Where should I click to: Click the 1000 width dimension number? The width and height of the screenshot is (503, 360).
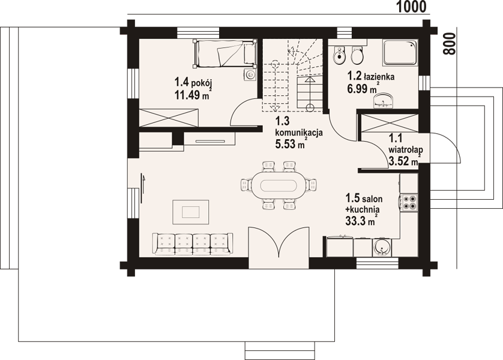click(412, 7)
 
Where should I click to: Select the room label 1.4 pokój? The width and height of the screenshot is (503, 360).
click(193, 82)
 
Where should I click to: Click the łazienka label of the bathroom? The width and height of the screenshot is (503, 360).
click(379, 76)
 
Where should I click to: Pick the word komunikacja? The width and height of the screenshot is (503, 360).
click(299, 133)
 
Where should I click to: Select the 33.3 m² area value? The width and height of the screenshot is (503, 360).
click(361, 220)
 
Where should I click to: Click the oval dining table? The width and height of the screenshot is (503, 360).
click(279, 185)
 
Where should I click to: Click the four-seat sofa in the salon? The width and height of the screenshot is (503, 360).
click(193, 244)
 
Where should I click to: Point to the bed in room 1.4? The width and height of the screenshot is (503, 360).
click(224, 53)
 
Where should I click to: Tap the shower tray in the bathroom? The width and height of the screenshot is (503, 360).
click(400, 52)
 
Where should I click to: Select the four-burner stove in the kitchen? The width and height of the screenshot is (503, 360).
click(409, 203)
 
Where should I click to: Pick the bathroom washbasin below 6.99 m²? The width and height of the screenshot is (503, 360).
click(383, 101)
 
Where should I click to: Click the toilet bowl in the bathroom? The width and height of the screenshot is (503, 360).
click(357, 55)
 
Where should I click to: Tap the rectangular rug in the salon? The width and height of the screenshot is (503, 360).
click(190, 212)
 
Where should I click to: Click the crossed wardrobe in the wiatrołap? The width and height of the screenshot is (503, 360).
click(389, 123)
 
